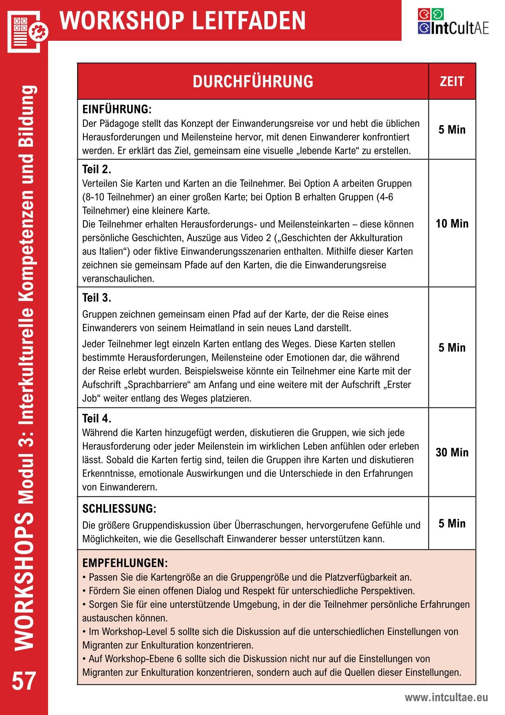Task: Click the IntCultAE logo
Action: (453, 22)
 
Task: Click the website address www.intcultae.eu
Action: (446, 697)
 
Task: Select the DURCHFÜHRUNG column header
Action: (253, 81)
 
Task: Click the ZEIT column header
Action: (452, 81)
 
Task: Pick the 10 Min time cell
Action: (452, 224)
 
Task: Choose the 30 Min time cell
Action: (452, 452)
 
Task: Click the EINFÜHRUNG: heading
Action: (117, 109)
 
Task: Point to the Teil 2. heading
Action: (97, 169)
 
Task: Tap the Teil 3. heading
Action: (97, 298)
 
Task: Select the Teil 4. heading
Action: (97, 418)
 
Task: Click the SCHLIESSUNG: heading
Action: (119, 509)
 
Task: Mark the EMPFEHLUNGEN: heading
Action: (125, 563)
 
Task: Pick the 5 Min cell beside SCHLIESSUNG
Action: (452, 523)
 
